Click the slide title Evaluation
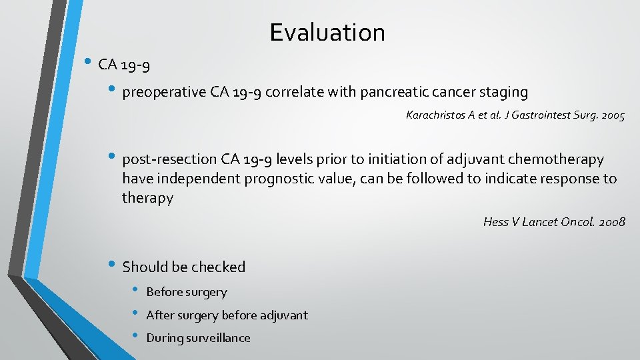(327, 32)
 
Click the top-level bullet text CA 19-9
(123, 65)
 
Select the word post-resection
(169, 159)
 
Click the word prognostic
(290, 179)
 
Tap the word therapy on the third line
(147, 198)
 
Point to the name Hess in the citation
(495, 222)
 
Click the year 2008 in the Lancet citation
(611, 222)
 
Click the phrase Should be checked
(184, 267)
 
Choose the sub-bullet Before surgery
(187, 292)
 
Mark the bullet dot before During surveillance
(135, 337)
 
